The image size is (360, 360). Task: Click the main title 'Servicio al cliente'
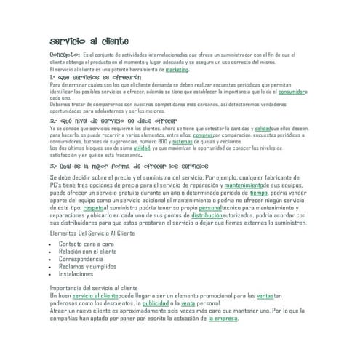tap(89, 42)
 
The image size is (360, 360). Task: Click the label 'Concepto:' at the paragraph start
tap(65, 54)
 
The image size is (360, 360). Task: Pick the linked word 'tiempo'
tap(258, 193)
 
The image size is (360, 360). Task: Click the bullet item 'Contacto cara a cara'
tap(87, 244)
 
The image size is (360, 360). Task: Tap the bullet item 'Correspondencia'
tap(81, 259)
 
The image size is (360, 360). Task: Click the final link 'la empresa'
tap(223, 318)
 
